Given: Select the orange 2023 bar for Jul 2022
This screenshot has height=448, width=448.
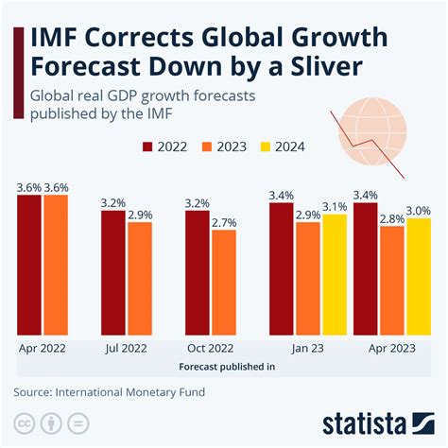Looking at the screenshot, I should coord(140,278).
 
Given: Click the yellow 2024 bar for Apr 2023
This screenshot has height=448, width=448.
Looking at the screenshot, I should coord(419,276).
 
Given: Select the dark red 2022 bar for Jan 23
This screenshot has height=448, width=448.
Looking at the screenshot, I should coord(281,268).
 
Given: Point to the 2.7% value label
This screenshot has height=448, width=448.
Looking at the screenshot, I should coord(225,223).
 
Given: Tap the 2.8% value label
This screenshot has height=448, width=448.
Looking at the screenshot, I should coord(391,219).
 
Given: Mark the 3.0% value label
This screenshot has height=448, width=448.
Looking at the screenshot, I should coord(419,211).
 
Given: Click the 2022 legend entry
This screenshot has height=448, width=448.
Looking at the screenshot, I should coord(164,146).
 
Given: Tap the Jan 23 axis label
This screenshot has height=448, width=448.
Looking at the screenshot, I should coord(307,347).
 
